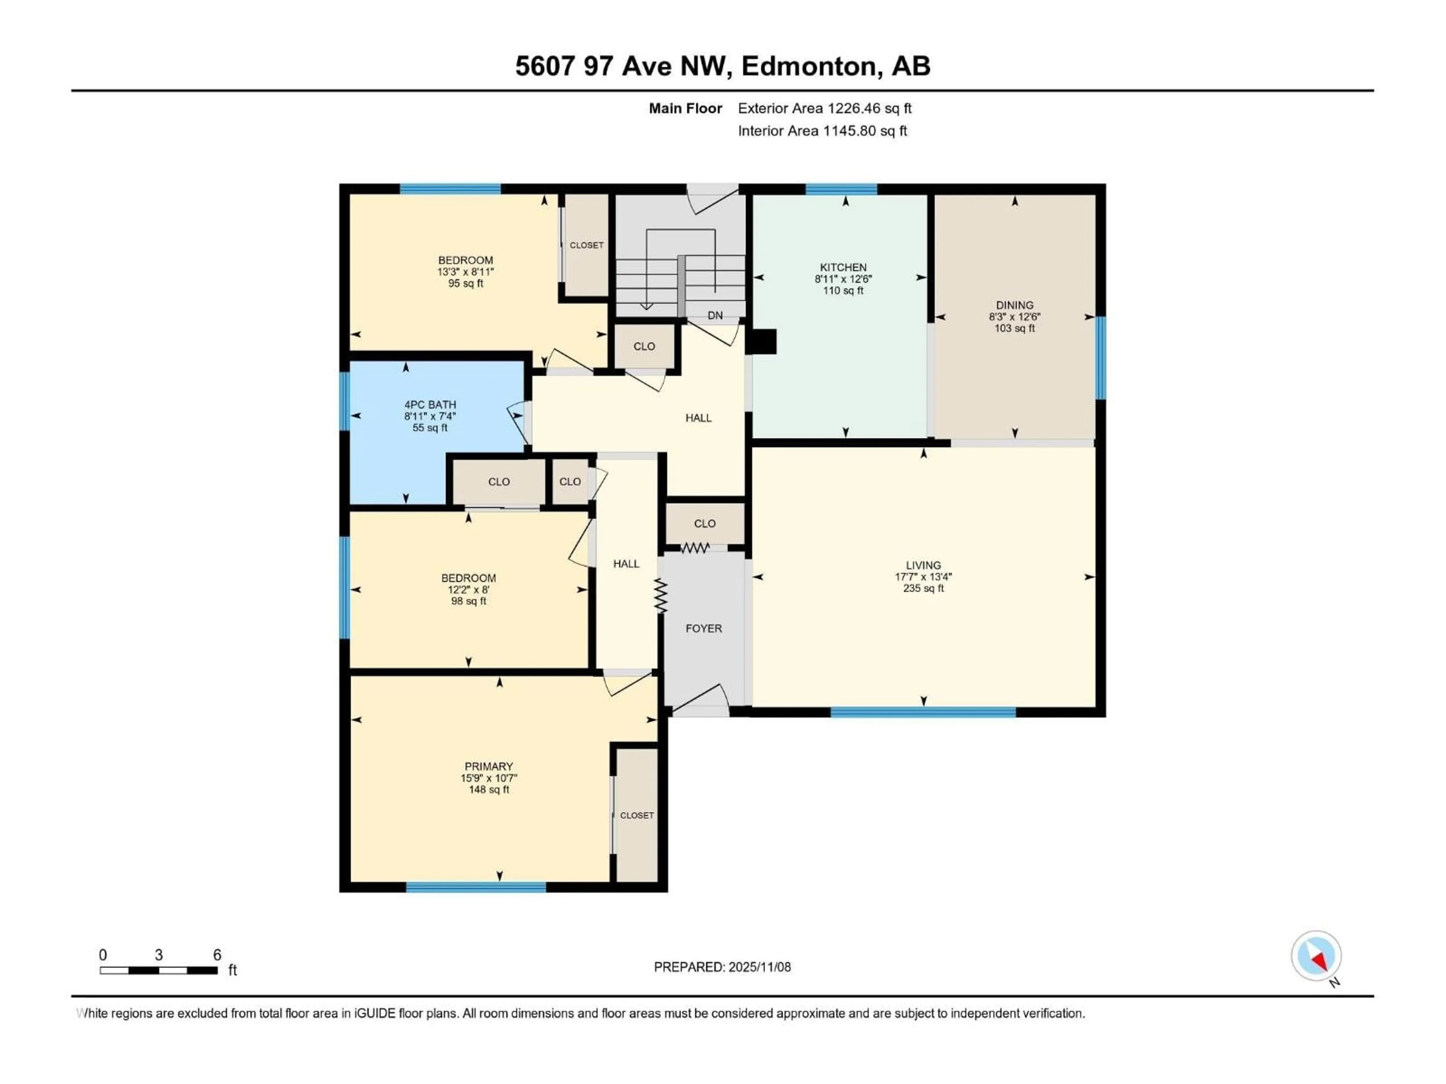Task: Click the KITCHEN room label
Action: point(843,267)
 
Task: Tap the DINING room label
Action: point(1014,305)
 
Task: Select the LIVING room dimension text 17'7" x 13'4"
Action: point(923,577)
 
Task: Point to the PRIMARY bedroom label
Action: point(488,766)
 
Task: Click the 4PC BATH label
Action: point(430,405)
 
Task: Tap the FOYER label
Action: point(703,629)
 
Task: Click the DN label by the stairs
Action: point(715,315)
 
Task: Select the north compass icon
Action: point(1316,956)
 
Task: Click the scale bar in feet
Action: point(159,970)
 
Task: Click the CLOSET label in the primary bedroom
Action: point(637,816)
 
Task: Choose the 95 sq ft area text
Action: point(465,283)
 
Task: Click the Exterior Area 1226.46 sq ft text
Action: point(824,108)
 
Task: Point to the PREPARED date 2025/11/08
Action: point(722,967)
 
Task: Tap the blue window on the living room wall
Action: point(923,712)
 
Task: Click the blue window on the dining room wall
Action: point(1100,358)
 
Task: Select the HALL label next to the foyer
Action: point(625,564)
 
